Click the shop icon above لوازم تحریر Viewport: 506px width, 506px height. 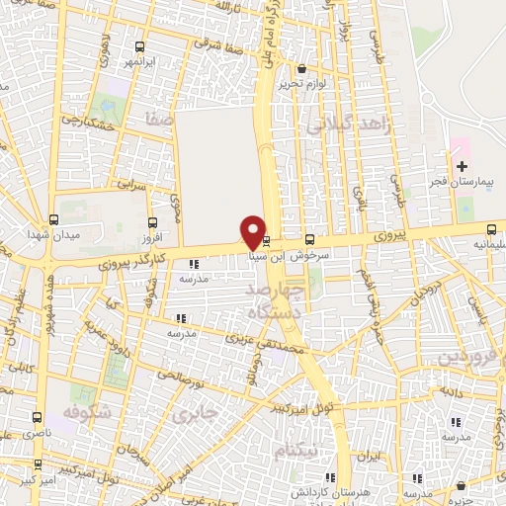300,69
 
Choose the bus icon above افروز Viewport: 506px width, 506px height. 151,222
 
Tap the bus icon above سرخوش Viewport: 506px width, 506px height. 310,239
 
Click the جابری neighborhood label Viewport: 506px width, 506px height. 194,415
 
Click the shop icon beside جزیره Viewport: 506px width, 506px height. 462,485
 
